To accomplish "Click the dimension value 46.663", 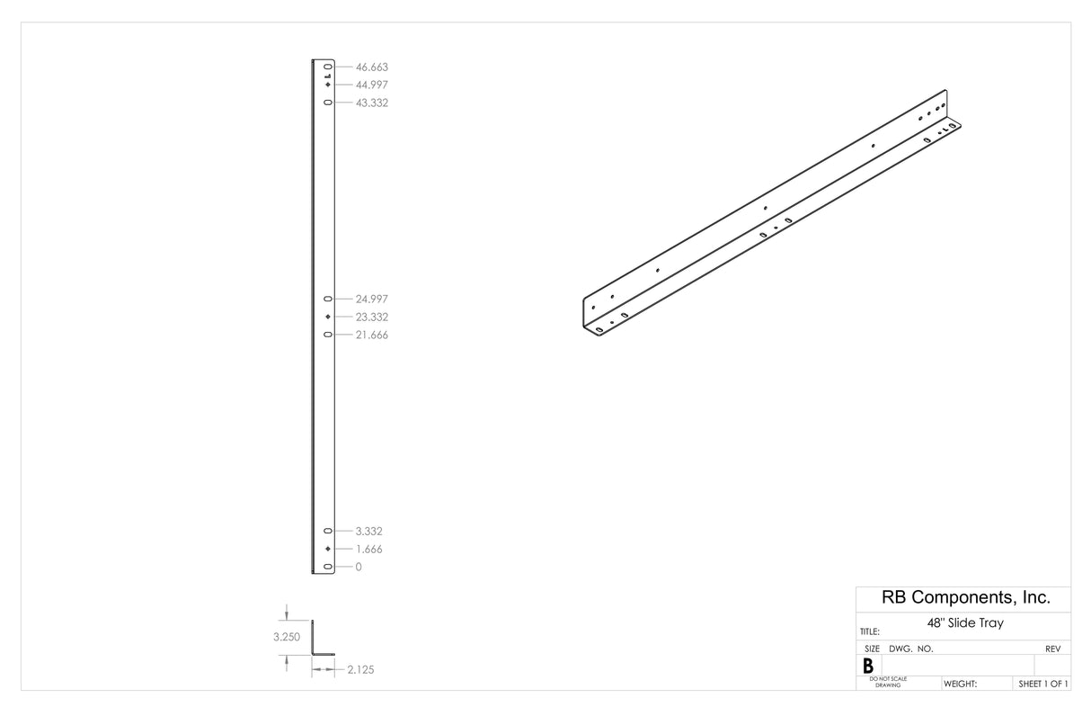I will (371, 67).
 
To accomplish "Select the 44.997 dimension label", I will (371, 85).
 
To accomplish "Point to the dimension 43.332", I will (371, 103).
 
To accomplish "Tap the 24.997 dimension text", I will (371, 299).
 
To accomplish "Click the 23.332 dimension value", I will (371, 317).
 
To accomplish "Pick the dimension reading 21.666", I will (371, 335).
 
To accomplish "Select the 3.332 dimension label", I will (368, 532).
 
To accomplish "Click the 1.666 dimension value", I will (368, 549).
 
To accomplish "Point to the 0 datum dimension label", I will (359, 567).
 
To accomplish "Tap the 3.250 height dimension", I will (287, 637).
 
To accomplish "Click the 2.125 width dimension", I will (360, 670).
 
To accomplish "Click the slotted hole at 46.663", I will (328, 67).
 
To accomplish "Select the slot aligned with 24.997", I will (328, 299).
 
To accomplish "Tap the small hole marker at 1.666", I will (328, 549).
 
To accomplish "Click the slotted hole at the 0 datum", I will (328, 567).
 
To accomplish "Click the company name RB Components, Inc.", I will (963, 598).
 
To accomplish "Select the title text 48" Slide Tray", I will (964, 622).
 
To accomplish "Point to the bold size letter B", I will (868, 667).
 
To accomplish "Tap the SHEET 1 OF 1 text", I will (1042, 685).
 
